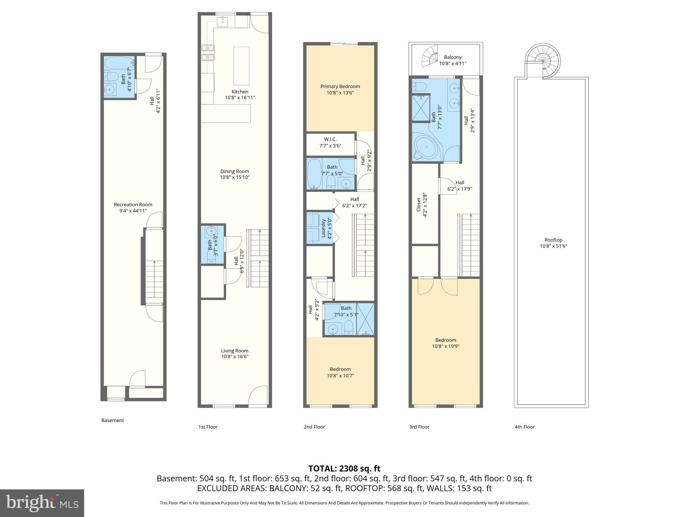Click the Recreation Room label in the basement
[x=133, y=205]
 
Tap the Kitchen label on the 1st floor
[x=240, y=92]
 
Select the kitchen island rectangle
[x=241, y=66]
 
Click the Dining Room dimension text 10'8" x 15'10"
[x=235, y=177]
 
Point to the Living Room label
[x=234, y=351]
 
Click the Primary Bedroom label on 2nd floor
[x=340, y=87]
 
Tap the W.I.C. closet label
[x=330, y=139]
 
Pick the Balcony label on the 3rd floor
[x=452, y=57]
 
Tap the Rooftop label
[x=553, y=240]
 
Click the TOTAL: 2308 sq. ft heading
[x=344, y=469]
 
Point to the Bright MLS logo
[x=42, y=503]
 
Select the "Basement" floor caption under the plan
[x=112, y=420]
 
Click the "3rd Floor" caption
[x=419, y=427]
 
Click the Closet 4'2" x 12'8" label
[x=419, y=204]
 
